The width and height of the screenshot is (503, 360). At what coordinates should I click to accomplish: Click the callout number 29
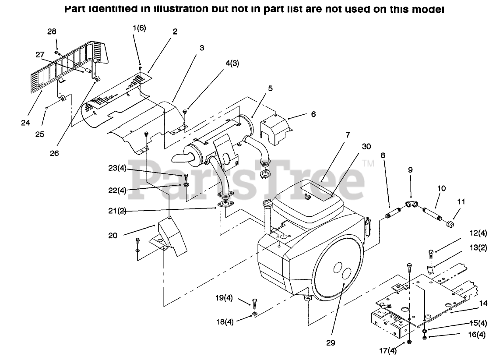coord(331,342)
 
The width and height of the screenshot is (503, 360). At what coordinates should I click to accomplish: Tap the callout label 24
coord(25,123)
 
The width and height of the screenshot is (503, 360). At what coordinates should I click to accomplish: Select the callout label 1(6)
coord(140,28)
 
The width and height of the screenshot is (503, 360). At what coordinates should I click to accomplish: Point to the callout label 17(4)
coord(388,350)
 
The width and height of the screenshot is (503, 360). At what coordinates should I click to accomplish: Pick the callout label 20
coord(113,235)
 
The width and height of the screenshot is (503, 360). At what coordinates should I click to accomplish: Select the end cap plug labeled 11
coord(449,224)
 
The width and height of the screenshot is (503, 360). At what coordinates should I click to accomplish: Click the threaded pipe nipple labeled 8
coord(388,215)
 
